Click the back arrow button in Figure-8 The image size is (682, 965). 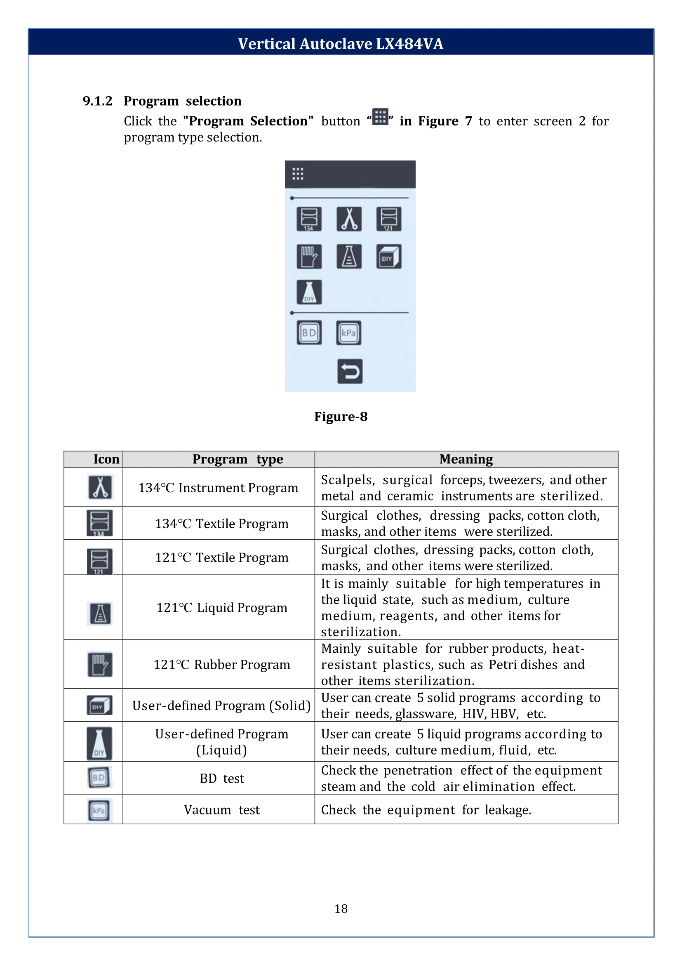pos(350,371)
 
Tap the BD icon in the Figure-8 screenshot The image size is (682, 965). pos(309,333)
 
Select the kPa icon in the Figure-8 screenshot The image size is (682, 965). pos(348,333)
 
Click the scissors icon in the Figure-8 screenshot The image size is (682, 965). pos(349,219)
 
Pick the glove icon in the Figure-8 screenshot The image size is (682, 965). pos(309,256)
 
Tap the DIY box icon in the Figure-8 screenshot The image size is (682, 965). pos(388,256)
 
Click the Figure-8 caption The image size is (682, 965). pos(341,417)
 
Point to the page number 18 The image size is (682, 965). pos(341,908)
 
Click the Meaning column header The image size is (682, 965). pos(466,459)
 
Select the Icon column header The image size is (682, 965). pos(106,459)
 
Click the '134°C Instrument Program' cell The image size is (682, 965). pos(218,488)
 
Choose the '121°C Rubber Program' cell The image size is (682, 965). pos(221,665)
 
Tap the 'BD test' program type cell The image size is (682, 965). pos(221,779)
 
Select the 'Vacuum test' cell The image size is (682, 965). pos(221,810)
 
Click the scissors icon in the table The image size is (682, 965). pos(100,487)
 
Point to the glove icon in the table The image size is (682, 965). pos(99,664)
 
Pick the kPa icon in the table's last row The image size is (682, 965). pos(99,810)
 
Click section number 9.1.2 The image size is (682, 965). pos(97,101)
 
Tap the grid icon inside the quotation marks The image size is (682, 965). pos(380,117)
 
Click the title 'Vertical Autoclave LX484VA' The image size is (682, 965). pos(341,44)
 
